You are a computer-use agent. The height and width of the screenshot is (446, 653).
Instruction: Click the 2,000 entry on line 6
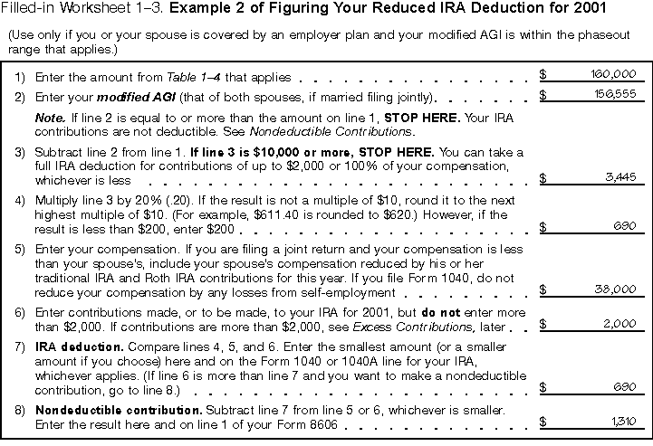(620, 323)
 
